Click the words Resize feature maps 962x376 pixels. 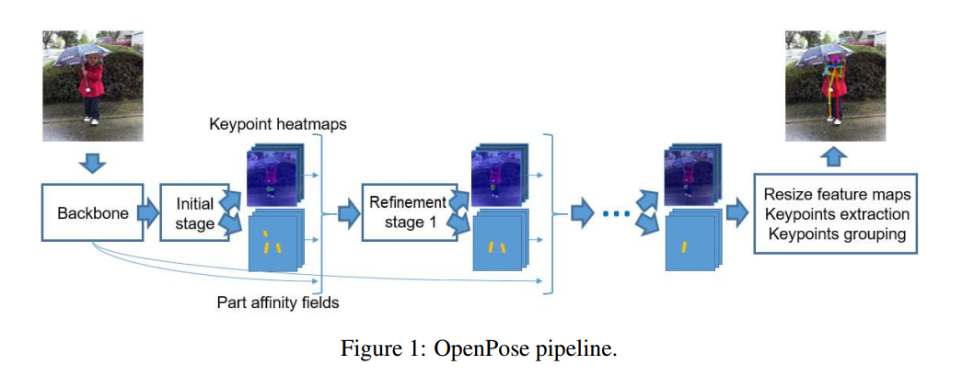click(837, 194)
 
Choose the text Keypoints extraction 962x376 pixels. click(837, 214)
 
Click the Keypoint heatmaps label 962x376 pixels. click(277, 123)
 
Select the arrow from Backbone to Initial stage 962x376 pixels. click(146, 213)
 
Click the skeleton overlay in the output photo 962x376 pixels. click(833, 83)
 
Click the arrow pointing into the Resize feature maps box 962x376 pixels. click(737, 213)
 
